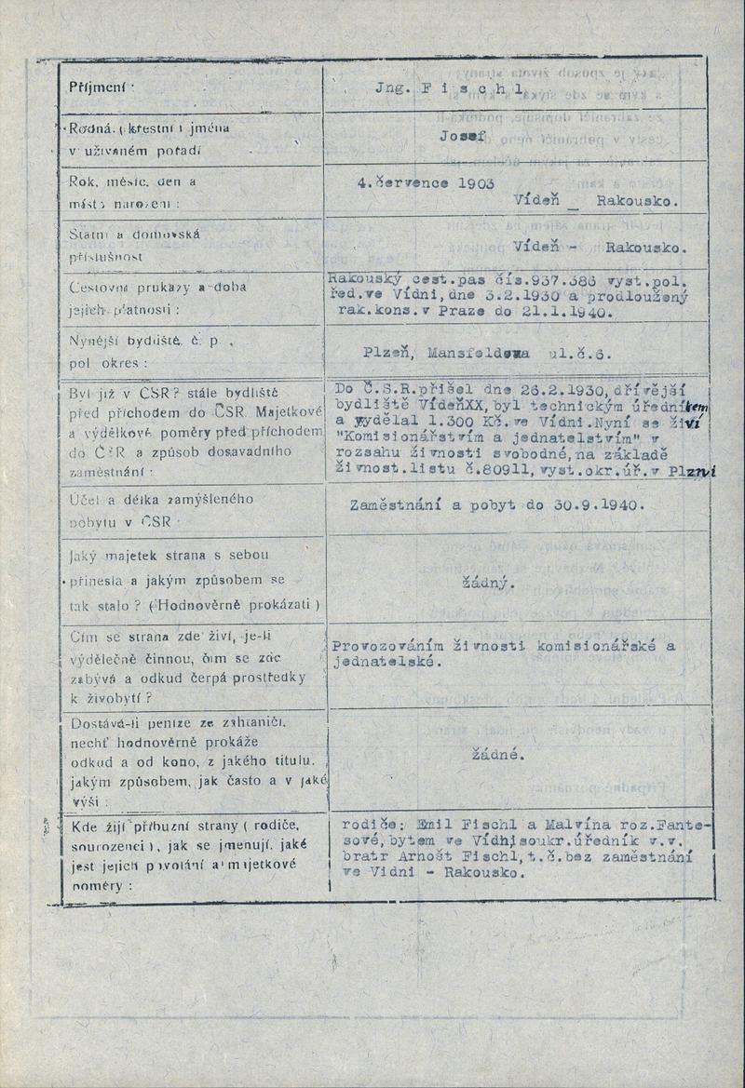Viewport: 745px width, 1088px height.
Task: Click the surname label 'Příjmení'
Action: click(x=102, y=87)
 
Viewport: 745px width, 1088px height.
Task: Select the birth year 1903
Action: click(x=474, y=182)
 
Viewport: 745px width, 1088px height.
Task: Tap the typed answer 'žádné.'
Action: click(x=498, y=755)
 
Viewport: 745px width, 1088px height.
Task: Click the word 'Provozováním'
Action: click(x=381, y=646)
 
